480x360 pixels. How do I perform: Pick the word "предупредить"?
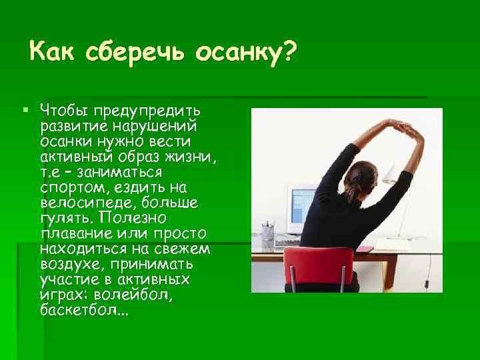pyautogui.click(x=151, y=109)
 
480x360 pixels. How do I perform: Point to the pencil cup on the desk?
pyautogui.click(x=268, y=233)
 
